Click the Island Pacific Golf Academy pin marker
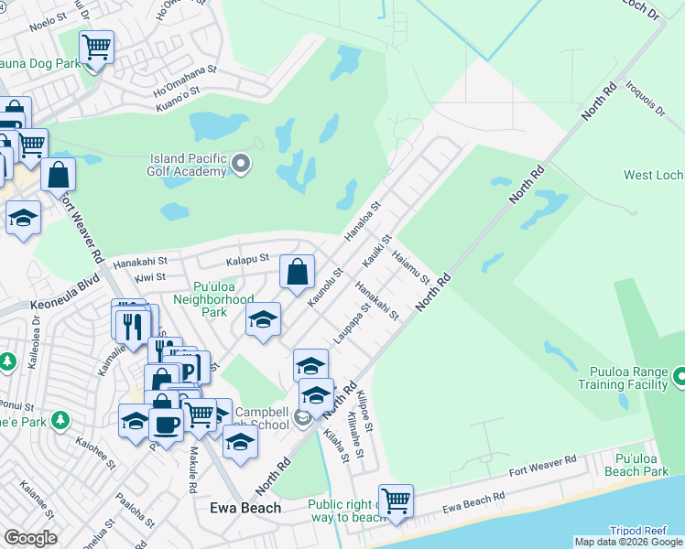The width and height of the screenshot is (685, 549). pos(242,165)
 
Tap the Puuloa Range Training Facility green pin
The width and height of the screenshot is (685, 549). pos(680,376)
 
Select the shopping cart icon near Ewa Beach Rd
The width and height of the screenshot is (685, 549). pos(396,501)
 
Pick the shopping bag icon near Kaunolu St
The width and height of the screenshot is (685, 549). pos(297,271)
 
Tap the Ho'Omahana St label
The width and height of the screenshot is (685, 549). pos(186,80)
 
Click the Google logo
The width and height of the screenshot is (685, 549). pos(30,538)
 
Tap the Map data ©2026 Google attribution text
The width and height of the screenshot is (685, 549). pos(627,542)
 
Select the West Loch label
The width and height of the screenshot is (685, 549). pos(653,175)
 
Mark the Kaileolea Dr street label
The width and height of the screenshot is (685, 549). pos(36,328)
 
